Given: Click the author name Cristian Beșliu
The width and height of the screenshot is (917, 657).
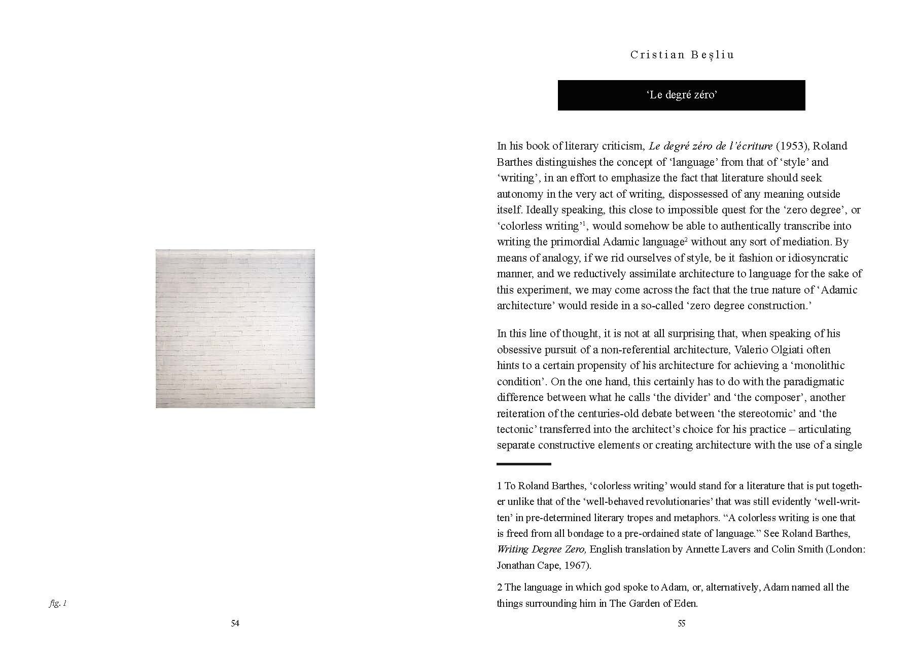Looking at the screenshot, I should (682, 55).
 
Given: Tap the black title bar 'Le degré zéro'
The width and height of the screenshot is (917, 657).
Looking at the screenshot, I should (681, 95).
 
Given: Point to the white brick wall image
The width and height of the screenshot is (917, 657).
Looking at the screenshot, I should (235, 328).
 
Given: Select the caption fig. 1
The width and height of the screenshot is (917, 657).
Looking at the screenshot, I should (58, 603).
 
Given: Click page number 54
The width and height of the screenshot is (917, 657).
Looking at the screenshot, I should (235, 624).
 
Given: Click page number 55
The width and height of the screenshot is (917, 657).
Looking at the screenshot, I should (681, 624).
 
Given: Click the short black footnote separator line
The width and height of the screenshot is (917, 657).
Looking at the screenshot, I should (523, 464).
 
